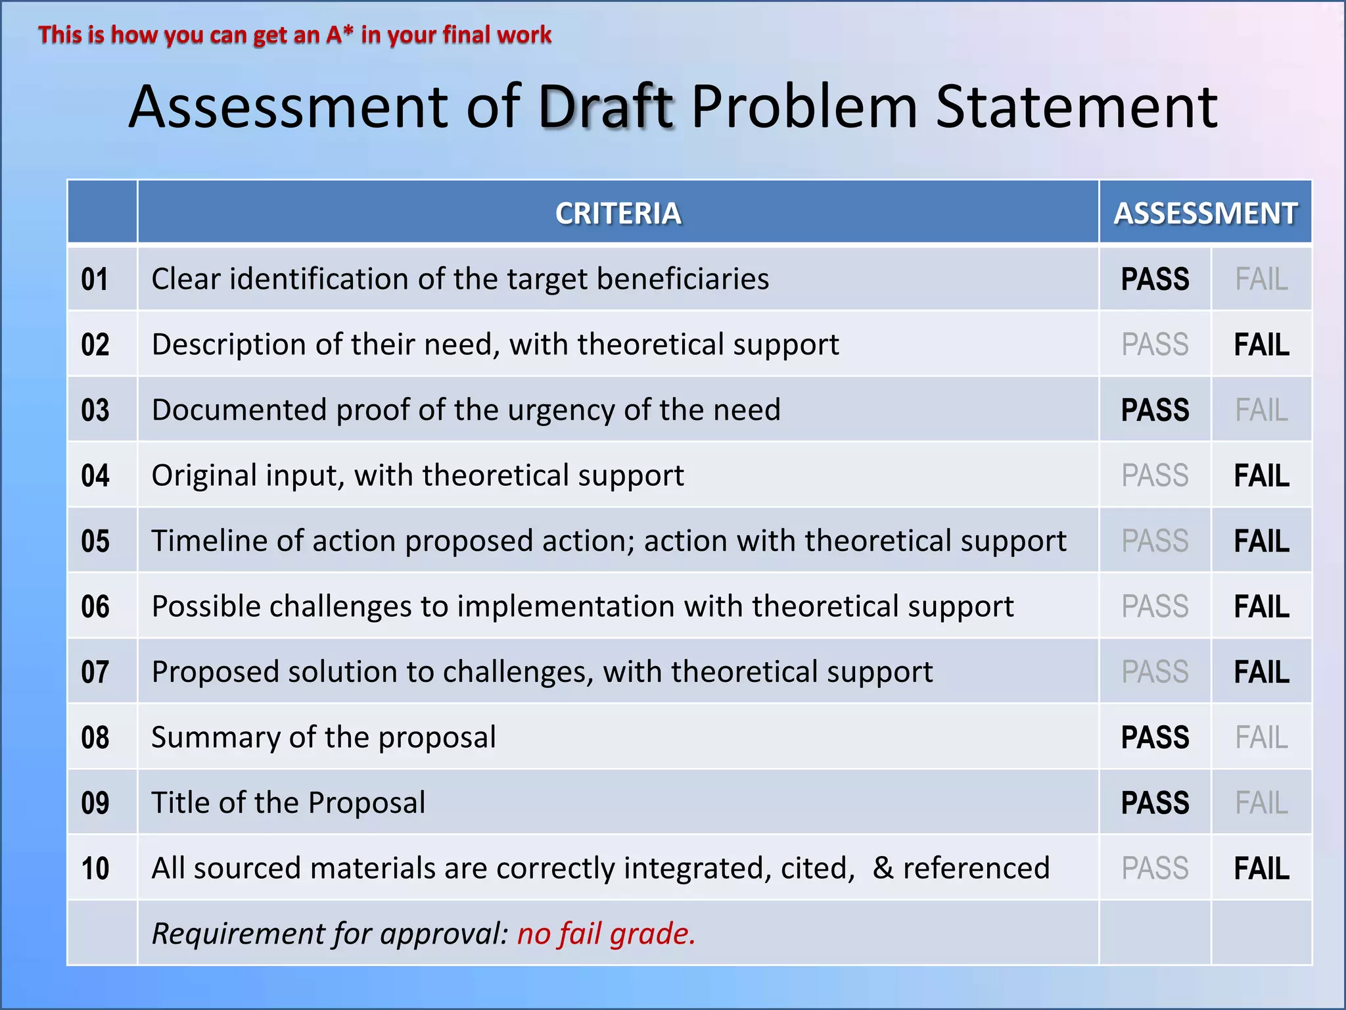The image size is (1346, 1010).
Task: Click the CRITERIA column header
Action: [x=618, y=213]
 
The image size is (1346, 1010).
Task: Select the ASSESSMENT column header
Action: [x=1205, y=213]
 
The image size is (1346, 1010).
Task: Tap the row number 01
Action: [x=95, y=279]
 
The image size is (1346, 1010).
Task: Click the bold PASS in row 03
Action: [x=1155, y=410]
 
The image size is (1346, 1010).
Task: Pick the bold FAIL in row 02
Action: [x=1261, y=345]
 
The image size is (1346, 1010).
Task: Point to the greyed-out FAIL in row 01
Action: [x=1261, y=279]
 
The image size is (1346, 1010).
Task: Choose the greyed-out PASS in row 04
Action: [x=1155, y=475]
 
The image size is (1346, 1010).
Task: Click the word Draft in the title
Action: [x=606, y=107]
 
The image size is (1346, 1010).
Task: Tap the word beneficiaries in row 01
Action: [x=683, y=279]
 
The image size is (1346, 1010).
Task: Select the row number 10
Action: [x=95, y=869]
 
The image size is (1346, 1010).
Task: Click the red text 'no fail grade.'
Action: [x=606, y=934]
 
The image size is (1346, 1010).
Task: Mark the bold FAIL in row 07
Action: [x=1261, y=672]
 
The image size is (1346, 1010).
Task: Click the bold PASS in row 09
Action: [x=1155, y=803]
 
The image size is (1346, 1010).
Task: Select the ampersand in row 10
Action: [x=883, y=868]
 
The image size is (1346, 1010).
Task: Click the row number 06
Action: [x=95, y=606]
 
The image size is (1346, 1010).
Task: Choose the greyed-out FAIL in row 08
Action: [x=1261, y=738]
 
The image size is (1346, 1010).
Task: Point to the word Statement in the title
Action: [x=1076, y=107]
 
